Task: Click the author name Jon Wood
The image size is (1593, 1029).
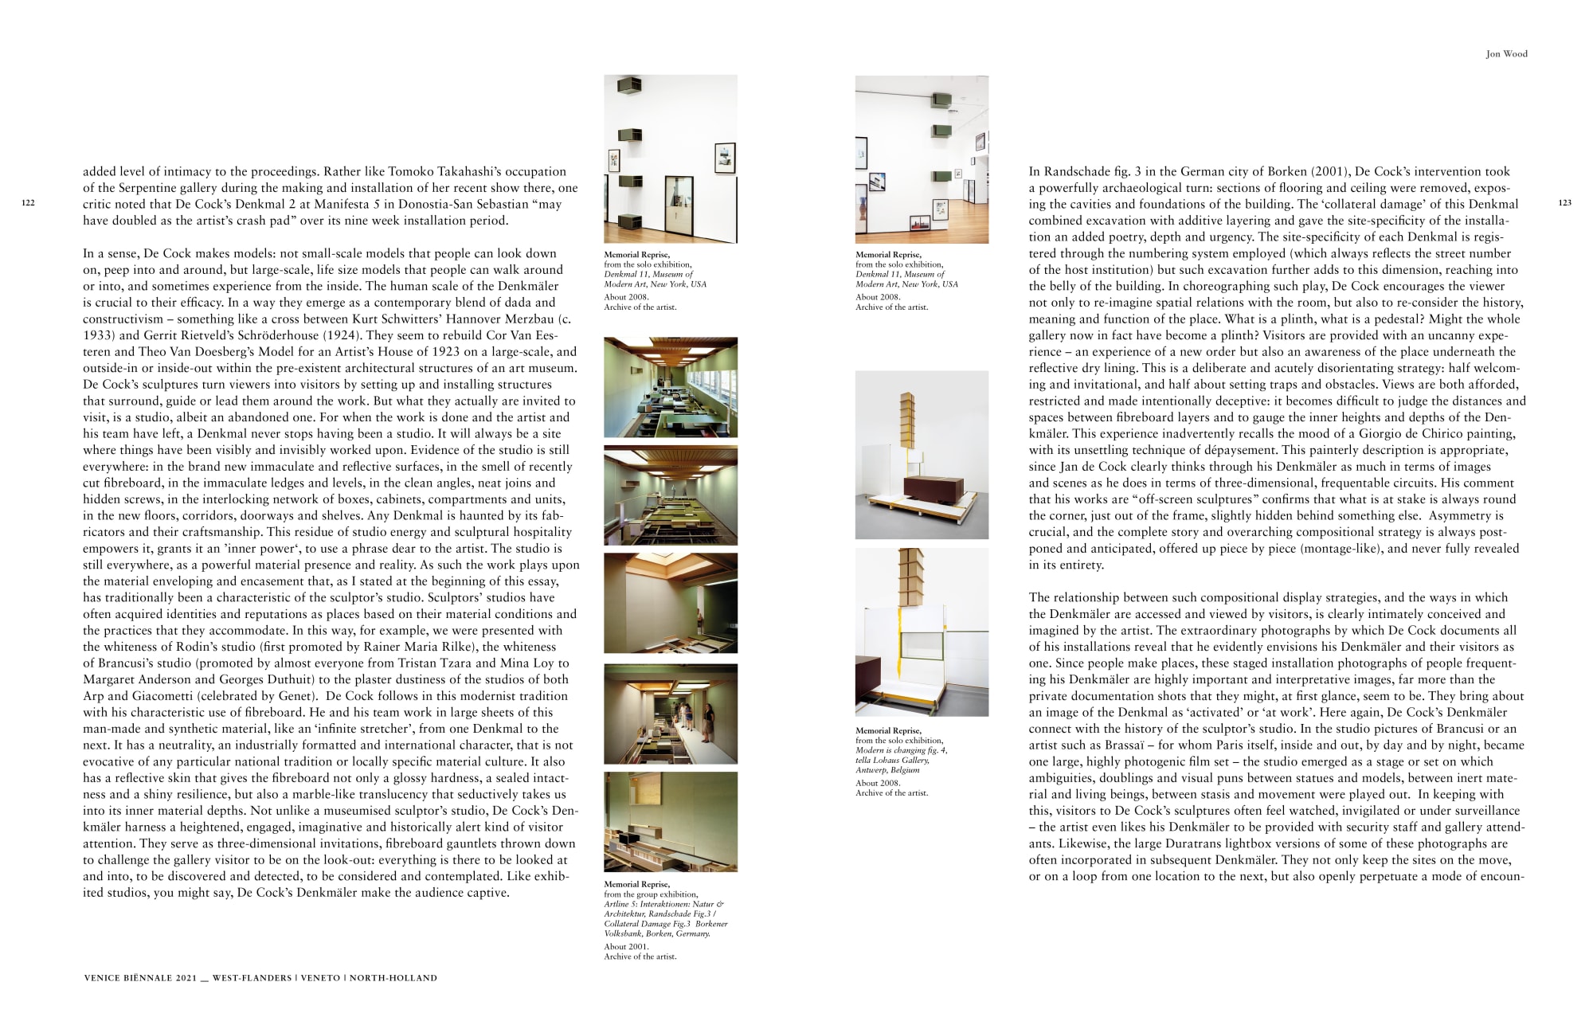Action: pos(1506,54)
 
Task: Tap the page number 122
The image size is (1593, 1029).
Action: pos(28,204)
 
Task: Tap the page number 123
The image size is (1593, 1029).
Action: pos(1564,203)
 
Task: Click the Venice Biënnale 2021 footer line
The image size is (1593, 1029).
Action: pos(260,978)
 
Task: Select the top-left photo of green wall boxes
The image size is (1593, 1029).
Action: pos(670,159)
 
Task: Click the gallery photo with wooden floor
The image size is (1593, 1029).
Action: pos(922,159)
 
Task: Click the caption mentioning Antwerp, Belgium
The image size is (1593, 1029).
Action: pos(901,760)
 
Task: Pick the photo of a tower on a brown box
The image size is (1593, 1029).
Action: pos(922,455)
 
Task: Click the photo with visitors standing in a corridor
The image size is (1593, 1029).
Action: pos(670,714)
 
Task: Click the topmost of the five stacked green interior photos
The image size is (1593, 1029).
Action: pos(670,388)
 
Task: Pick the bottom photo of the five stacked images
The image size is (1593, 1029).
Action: pos(670,821)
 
